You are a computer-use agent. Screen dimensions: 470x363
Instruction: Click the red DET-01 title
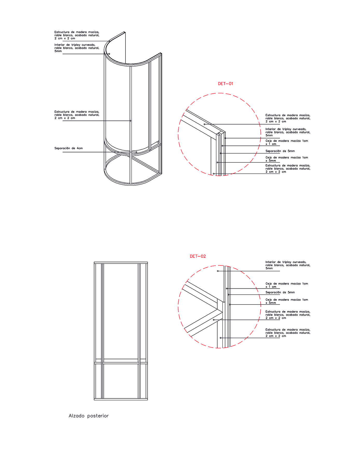(225, 84)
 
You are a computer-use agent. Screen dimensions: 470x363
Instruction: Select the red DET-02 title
(198, 256)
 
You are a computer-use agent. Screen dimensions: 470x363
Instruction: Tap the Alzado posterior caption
(88, 416)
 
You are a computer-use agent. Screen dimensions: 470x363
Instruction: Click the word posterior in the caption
(98, 416)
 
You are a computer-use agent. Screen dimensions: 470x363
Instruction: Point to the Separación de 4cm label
(68, 148)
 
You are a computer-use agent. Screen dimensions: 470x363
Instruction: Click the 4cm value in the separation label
(80, 148)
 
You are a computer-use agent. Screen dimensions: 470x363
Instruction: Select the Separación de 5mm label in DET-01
(280, 151)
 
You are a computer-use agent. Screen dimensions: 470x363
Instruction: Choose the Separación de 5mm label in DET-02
(280, 292)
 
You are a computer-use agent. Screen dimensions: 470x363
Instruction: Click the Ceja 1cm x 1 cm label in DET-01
(287, 142)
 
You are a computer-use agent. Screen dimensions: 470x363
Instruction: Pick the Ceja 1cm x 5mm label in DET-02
(287, 301)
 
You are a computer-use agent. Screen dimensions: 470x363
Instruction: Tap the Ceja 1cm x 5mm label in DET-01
(287, 159)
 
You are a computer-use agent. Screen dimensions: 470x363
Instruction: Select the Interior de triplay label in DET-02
(288, 265)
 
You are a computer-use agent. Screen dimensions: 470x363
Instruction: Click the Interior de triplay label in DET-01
(288, 132)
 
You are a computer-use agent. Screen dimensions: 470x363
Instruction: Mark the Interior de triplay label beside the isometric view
(77, 48)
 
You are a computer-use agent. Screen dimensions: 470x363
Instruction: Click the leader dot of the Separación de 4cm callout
(136, 152)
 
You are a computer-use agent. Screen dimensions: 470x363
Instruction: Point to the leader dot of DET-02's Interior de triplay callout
(218, 271)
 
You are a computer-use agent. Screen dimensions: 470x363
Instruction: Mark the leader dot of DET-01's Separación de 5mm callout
(220, 153)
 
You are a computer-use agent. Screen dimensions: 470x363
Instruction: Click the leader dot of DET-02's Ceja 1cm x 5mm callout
(230, 305)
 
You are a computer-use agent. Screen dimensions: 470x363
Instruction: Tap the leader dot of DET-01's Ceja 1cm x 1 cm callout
(222, 146)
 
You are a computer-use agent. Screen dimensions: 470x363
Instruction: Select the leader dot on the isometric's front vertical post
(130, 121)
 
